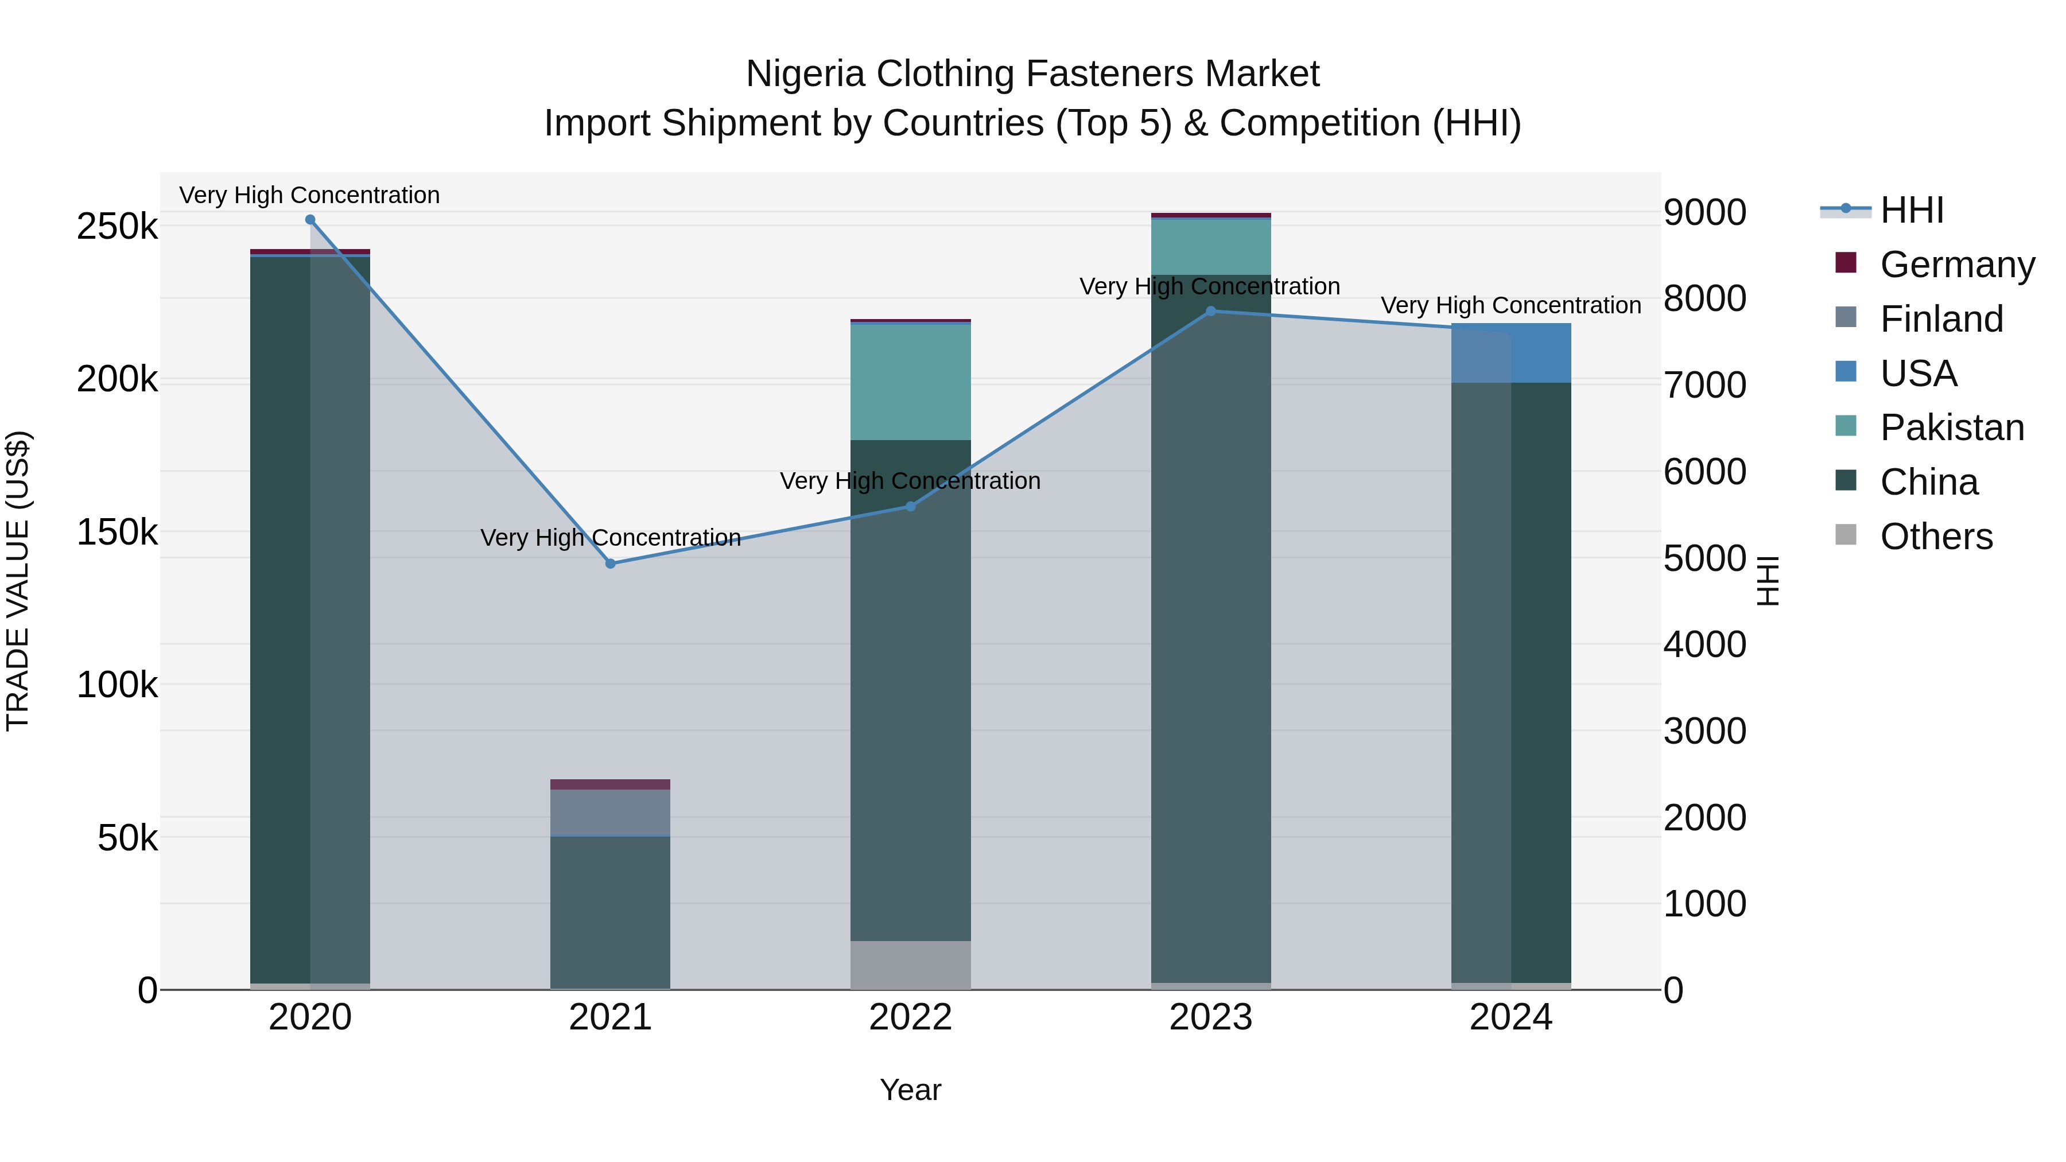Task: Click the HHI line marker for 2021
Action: point(611,563)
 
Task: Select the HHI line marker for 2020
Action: point(310,220)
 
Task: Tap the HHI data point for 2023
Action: point(1211,311)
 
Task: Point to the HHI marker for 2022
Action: point(910,506)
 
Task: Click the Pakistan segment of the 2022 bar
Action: point(910,382)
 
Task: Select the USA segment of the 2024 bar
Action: point(1511,353)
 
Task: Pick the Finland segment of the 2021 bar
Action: point(611,813)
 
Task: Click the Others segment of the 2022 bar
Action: point(910,965)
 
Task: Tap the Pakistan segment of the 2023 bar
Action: point(1211,246)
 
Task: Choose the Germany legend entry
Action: point(1957,265)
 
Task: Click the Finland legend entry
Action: point(1941,319)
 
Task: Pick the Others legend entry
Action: point(1936,537)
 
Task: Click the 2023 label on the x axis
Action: point(1211,1017)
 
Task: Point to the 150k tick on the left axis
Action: point(117,532)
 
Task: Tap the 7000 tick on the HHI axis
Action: point(1704,385)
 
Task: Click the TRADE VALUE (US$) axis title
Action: point(18,581)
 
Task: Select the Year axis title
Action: point(910,1090)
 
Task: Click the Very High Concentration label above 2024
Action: point(1511,305)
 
